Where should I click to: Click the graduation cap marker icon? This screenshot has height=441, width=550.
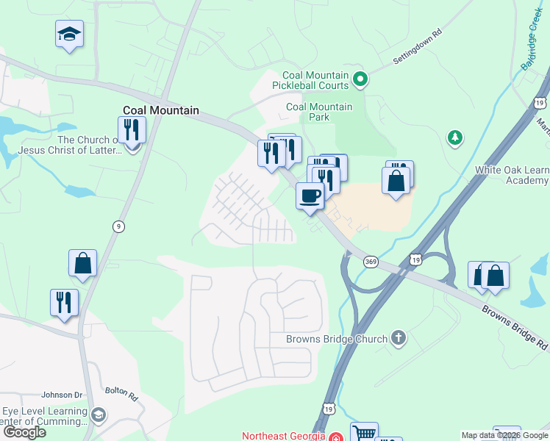69,34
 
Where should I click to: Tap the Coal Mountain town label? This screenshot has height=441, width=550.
160,111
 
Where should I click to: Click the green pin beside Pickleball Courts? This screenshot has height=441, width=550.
360,78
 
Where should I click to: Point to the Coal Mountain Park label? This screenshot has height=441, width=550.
319,112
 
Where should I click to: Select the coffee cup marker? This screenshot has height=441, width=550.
310,196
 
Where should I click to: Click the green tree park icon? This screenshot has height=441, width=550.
455,137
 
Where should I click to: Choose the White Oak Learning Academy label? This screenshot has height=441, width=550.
512,175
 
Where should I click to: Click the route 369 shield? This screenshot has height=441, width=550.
371,261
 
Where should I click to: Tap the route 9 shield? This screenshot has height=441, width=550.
118,226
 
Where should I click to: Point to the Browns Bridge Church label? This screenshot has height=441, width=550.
336,339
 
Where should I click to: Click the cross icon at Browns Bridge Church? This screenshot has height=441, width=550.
399,338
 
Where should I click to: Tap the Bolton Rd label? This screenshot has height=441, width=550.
121,393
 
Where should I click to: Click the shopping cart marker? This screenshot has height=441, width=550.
364,433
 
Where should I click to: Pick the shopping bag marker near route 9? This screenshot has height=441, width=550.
83,263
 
